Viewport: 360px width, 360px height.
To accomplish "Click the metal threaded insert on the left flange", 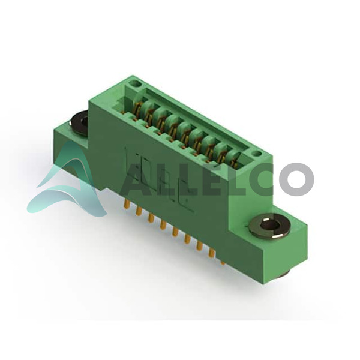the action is click(79, 122).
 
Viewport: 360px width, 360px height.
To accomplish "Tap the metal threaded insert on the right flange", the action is click(269, 225).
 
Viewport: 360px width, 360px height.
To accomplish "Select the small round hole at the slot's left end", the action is click(135, 83).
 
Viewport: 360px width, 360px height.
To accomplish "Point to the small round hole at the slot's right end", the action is click(256, 153).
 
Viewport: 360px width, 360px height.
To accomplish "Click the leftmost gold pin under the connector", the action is click(126, 204).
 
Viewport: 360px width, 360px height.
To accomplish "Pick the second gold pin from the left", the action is click(138, 211).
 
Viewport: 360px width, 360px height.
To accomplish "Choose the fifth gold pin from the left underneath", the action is click(175, 232).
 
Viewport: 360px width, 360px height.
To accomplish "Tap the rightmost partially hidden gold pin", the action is click(222, 262).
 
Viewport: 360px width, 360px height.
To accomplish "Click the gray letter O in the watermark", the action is click(296, 179).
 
